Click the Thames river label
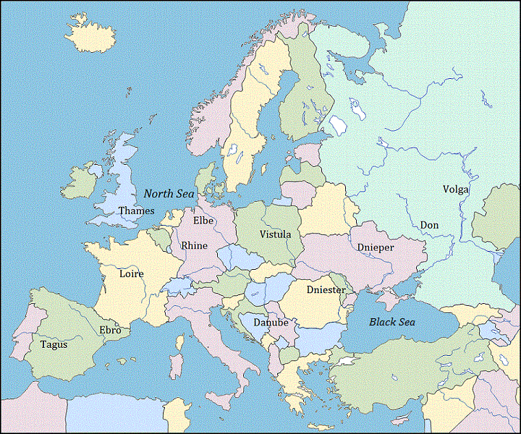click(136, 211)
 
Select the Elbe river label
click(203, 221)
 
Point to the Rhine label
click(194, 246)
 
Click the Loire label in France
click(132, 274)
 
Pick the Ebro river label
click(110, 331)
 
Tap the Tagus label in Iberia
click(54, 344)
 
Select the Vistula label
click(275, 234)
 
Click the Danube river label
click(271, 322)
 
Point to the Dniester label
click(326, 290)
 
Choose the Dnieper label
click(376, 247)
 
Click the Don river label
click(429, 226)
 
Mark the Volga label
click(456, 190)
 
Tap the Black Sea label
click(392, 322)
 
